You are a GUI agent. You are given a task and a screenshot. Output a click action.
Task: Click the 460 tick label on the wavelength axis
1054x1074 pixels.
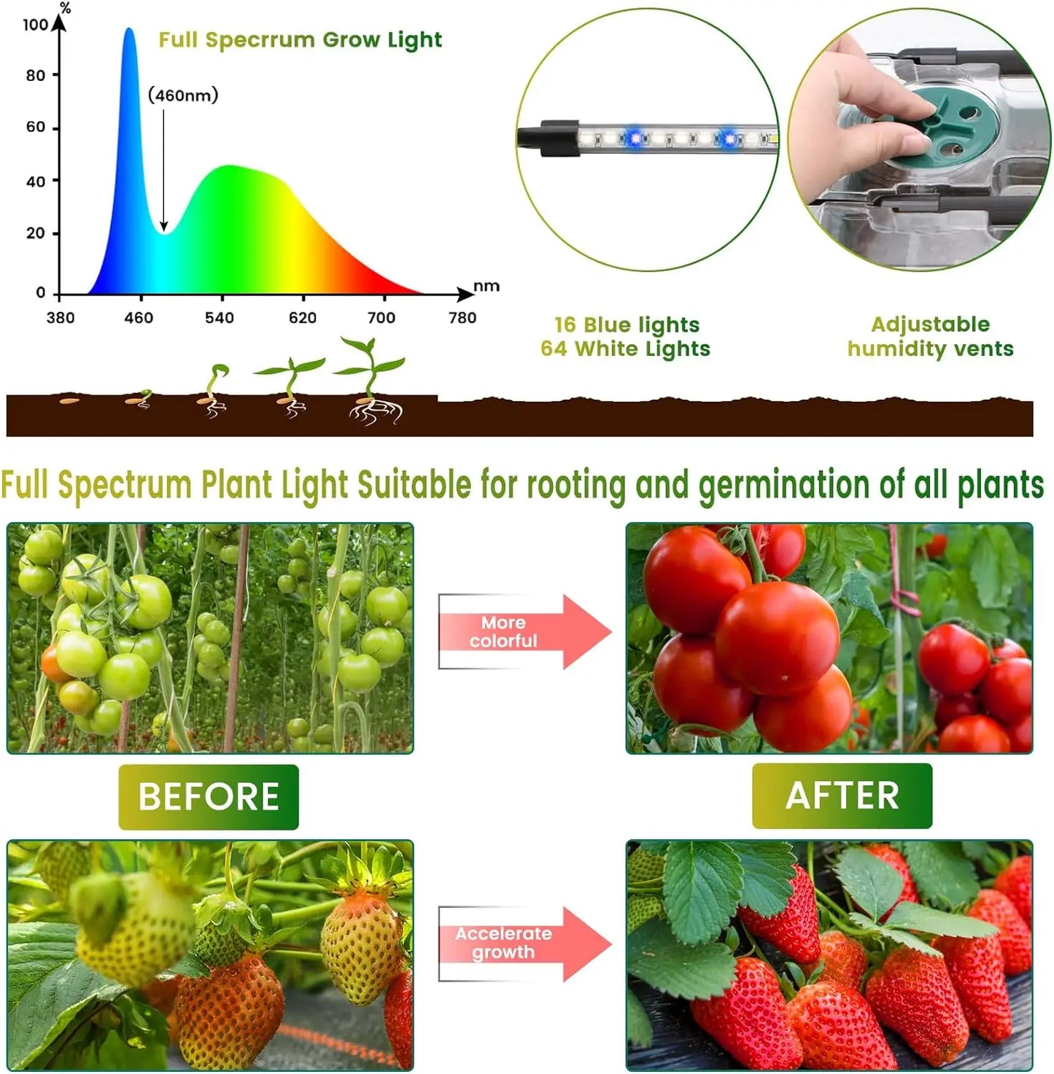pos(139,318)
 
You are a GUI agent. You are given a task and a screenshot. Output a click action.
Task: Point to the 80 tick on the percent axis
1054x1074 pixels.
pos(36,75)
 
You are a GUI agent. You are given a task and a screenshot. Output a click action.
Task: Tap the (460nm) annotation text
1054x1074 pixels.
pos(183,96)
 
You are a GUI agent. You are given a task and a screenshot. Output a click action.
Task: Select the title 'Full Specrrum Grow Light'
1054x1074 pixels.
pos(300,40)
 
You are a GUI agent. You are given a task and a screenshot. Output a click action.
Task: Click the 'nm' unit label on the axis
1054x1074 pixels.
pos(487,286)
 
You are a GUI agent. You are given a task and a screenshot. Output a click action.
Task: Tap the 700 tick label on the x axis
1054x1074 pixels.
pos(381,318)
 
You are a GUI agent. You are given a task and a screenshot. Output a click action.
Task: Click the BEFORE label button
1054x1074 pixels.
pos(209,796)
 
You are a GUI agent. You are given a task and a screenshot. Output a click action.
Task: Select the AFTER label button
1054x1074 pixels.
pos(842,795)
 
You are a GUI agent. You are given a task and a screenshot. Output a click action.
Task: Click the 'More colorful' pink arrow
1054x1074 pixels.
pos(524,631)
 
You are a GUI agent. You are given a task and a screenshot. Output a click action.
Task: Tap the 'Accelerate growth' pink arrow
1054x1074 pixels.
pos(524,943)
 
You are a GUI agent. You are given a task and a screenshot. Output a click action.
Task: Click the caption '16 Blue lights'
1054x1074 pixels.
pos(627,324)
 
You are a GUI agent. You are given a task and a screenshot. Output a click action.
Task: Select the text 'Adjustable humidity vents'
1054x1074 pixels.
pos(930,336)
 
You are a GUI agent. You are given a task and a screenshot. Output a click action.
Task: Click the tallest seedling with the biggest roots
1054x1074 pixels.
pos(373,383)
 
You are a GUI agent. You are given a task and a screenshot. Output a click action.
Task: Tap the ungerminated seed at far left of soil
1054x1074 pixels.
pos(69,400)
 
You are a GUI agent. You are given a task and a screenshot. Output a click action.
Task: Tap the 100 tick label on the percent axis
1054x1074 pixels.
pos(35,25)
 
